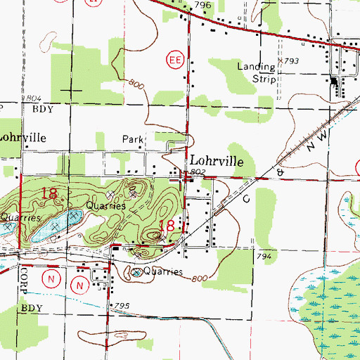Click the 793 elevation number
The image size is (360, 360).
(291, 62)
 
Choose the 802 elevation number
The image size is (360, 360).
(197, 172)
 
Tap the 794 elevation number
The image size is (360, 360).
(264, 257)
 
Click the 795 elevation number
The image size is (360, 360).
(122, 304)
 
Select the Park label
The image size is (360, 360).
(132, 139)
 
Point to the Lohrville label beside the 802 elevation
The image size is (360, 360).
(215, 161)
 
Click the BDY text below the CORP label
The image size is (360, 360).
(31, 308)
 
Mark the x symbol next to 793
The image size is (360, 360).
(279, 62)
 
